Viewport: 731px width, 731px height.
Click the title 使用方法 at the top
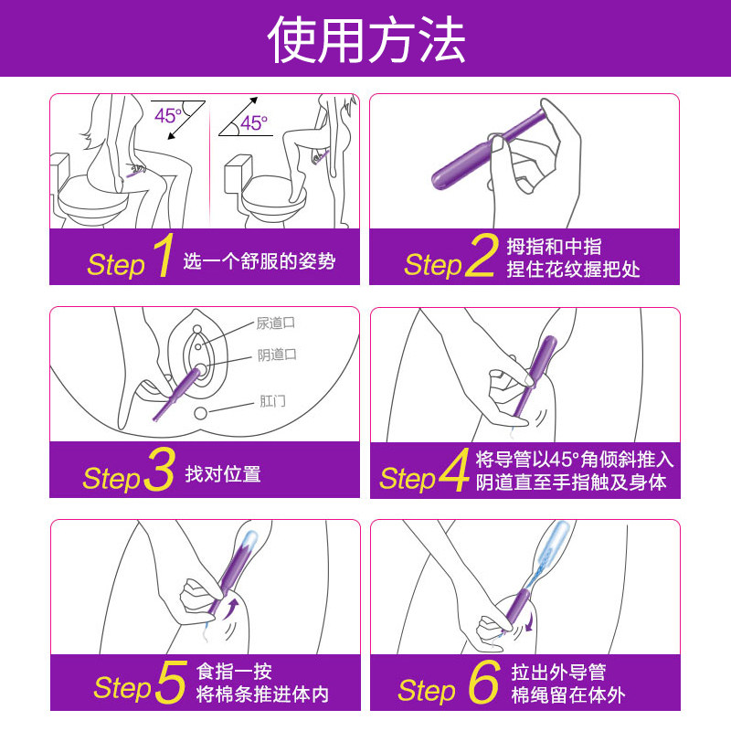[365, 39]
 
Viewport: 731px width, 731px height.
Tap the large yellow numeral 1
[162, 257]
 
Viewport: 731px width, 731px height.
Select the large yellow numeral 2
[481, 257]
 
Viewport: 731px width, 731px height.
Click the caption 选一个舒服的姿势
[260, 262]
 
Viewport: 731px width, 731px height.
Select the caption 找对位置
[223, 474]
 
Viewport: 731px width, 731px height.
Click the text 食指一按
[235, 672]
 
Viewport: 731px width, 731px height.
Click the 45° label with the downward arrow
[167, 116]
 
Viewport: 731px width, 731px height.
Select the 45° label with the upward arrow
[253, 123]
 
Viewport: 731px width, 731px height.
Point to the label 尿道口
[275, 323]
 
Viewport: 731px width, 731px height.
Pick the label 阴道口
[277, 355]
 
